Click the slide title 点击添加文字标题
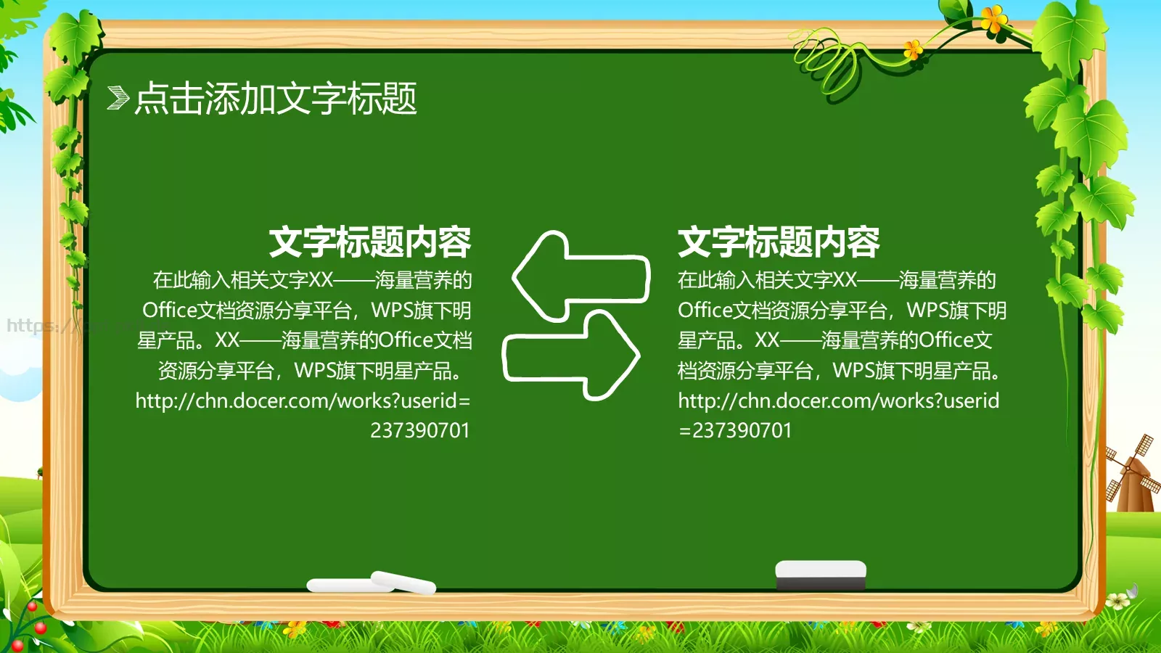[276, 98]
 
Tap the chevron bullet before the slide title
[118, 98]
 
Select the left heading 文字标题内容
[370, 242]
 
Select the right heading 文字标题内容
[779, 242]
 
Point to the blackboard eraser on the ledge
[821, 575]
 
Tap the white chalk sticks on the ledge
[372, 583]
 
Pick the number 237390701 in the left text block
[420, 430]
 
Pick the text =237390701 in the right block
[734, 430]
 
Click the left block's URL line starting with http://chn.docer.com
[303, 401]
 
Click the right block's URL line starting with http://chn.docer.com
[838, 401]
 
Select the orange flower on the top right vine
[993, 17]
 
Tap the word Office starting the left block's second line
[169, 311]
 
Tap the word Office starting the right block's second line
[705, 311]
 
